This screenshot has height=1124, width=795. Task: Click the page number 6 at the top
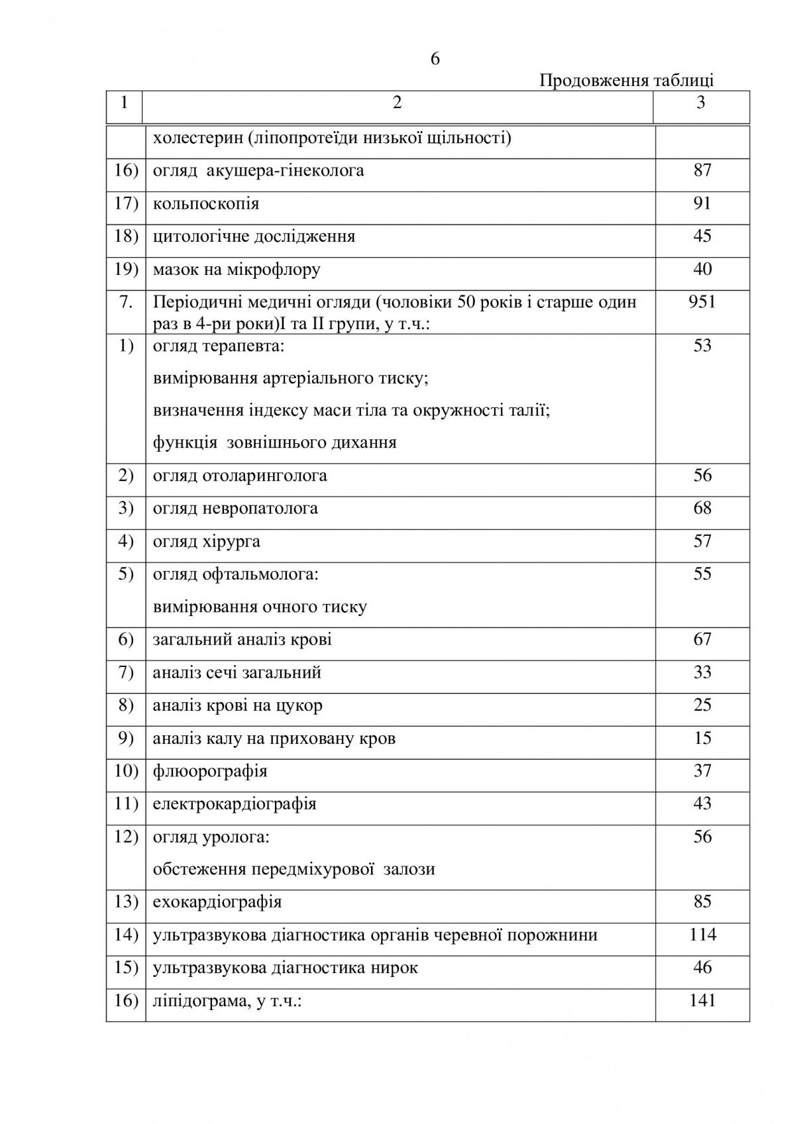pos(435,59)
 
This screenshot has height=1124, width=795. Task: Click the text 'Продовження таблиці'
pos(626,81)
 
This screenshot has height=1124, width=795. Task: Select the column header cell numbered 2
pos(397,103)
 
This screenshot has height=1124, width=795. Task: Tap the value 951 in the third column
pos(702,302)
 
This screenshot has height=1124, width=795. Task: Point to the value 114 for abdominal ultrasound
pos(702,935)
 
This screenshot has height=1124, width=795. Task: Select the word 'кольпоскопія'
pos(206,203)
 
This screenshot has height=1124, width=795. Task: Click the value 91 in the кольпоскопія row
pos(702,203)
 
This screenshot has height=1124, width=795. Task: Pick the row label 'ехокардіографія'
pos(217,902)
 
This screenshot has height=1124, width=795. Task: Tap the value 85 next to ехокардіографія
pos(702,901)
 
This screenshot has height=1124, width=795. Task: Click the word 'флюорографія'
pos(210,771)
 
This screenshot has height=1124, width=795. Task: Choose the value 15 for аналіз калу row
pos(702,738)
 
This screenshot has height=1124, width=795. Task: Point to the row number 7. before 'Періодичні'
pos(126,302)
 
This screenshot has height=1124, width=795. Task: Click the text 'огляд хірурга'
pos(207,542)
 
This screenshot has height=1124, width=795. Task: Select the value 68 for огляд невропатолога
pos(702,508)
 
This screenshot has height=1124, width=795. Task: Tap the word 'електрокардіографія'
pos(235,804)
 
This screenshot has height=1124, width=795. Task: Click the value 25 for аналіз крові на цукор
pos(702,705)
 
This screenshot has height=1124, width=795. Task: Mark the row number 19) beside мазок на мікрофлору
pos(126,269)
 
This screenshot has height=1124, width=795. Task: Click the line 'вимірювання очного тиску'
pos(260,607)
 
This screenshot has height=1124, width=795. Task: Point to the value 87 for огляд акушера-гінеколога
pos(702,170)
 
